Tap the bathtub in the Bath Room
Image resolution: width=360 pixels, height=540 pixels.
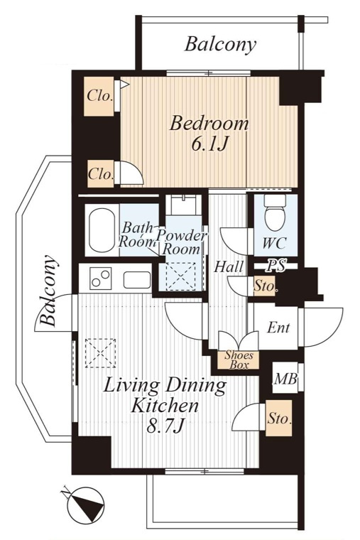102,230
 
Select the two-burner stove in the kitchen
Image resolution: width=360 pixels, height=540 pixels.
101,279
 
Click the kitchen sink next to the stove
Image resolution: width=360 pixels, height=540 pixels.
137,280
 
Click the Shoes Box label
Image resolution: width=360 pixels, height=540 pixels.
239,360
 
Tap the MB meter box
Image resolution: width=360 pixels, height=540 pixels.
285,379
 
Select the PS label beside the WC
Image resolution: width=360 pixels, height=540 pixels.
277,266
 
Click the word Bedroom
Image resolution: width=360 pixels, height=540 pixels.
209,124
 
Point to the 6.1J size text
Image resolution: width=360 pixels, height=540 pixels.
209,145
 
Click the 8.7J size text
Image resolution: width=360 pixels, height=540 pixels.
165,427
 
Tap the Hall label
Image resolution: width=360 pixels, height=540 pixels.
229,266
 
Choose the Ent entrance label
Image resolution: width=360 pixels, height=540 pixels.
278,327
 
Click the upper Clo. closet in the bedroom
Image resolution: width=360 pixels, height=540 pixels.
100,96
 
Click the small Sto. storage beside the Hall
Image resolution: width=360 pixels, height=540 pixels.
264,286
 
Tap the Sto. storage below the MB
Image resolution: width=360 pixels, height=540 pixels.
279,418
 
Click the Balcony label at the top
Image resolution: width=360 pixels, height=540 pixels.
221,45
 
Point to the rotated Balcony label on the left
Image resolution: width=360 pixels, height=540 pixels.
48,291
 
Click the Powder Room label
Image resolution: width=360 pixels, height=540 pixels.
181,242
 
